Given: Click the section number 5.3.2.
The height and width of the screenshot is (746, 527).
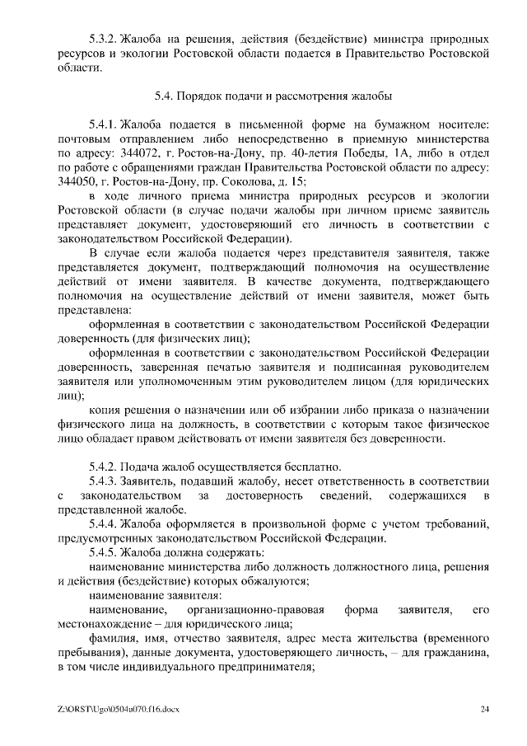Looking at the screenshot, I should tap(102, 39).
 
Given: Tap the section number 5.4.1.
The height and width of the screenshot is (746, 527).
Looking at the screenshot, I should tap(102, 124).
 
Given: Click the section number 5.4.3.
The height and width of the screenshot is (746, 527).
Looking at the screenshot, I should tap(102, 481).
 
